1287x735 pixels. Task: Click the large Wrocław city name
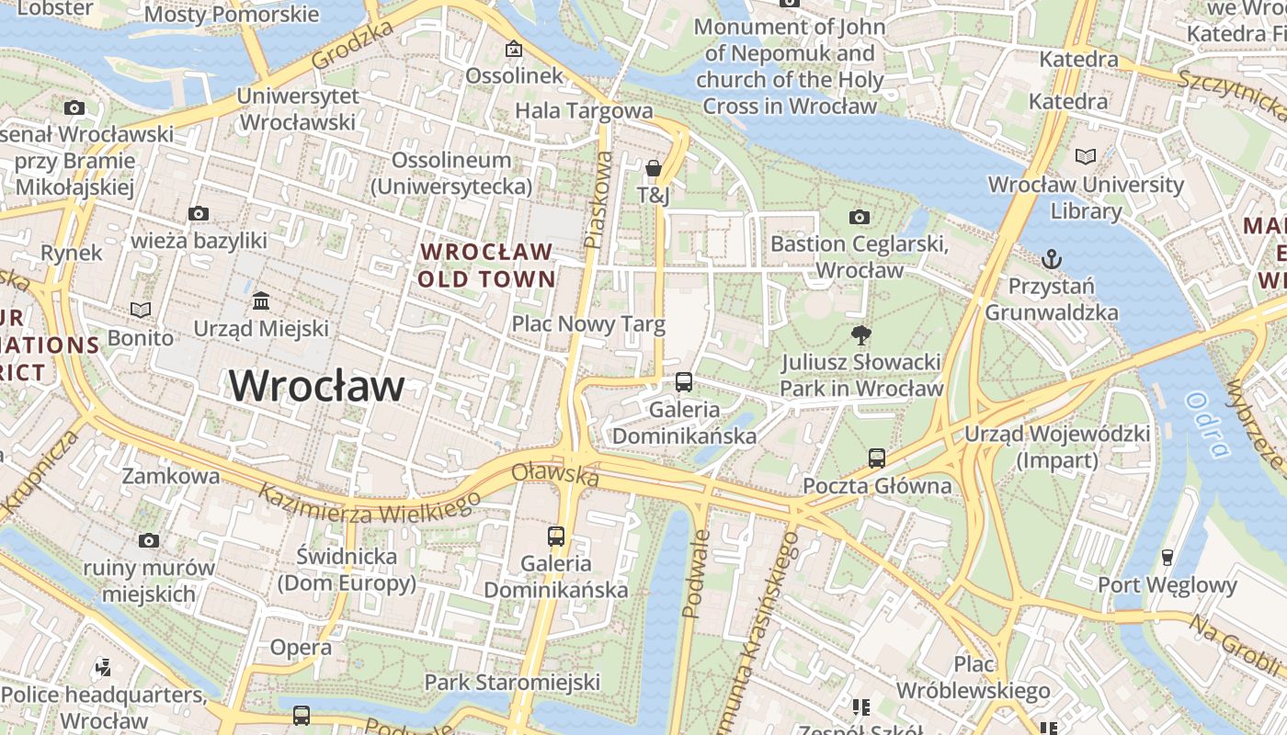(x=316, y=386)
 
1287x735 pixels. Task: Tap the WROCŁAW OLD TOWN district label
(x=486, y=265)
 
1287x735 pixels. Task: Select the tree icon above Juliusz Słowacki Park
(x=860, y=335)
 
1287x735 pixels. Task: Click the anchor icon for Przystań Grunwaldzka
(x=1052, y=259)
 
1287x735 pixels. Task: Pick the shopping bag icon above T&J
(x=653, y=168)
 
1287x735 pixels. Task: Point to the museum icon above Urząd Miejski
(x=261, y=301)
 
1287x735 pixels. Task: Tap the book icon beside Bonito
(x=140, y=311)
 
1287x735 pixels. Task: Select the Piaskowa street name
(x=598, y=200)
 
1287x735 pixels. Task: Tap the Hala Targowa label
(x=584, y=111)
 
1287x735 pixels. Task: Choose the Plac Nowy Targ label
(x=588, y=323)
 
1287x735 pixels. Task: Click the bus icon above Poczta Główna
(x=877, y=458)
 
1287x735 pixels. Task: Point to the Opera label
(x=301, y=648)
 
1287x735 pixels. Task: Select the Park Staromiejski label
(x=512, y=682)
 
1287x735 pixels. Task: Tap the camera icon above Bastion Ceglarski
(x=860, y=217)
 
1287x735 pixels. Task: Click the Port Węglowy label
(x=1167, y=585)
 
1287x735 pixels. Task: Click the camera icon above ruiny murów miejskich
(x=149, y=540)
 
